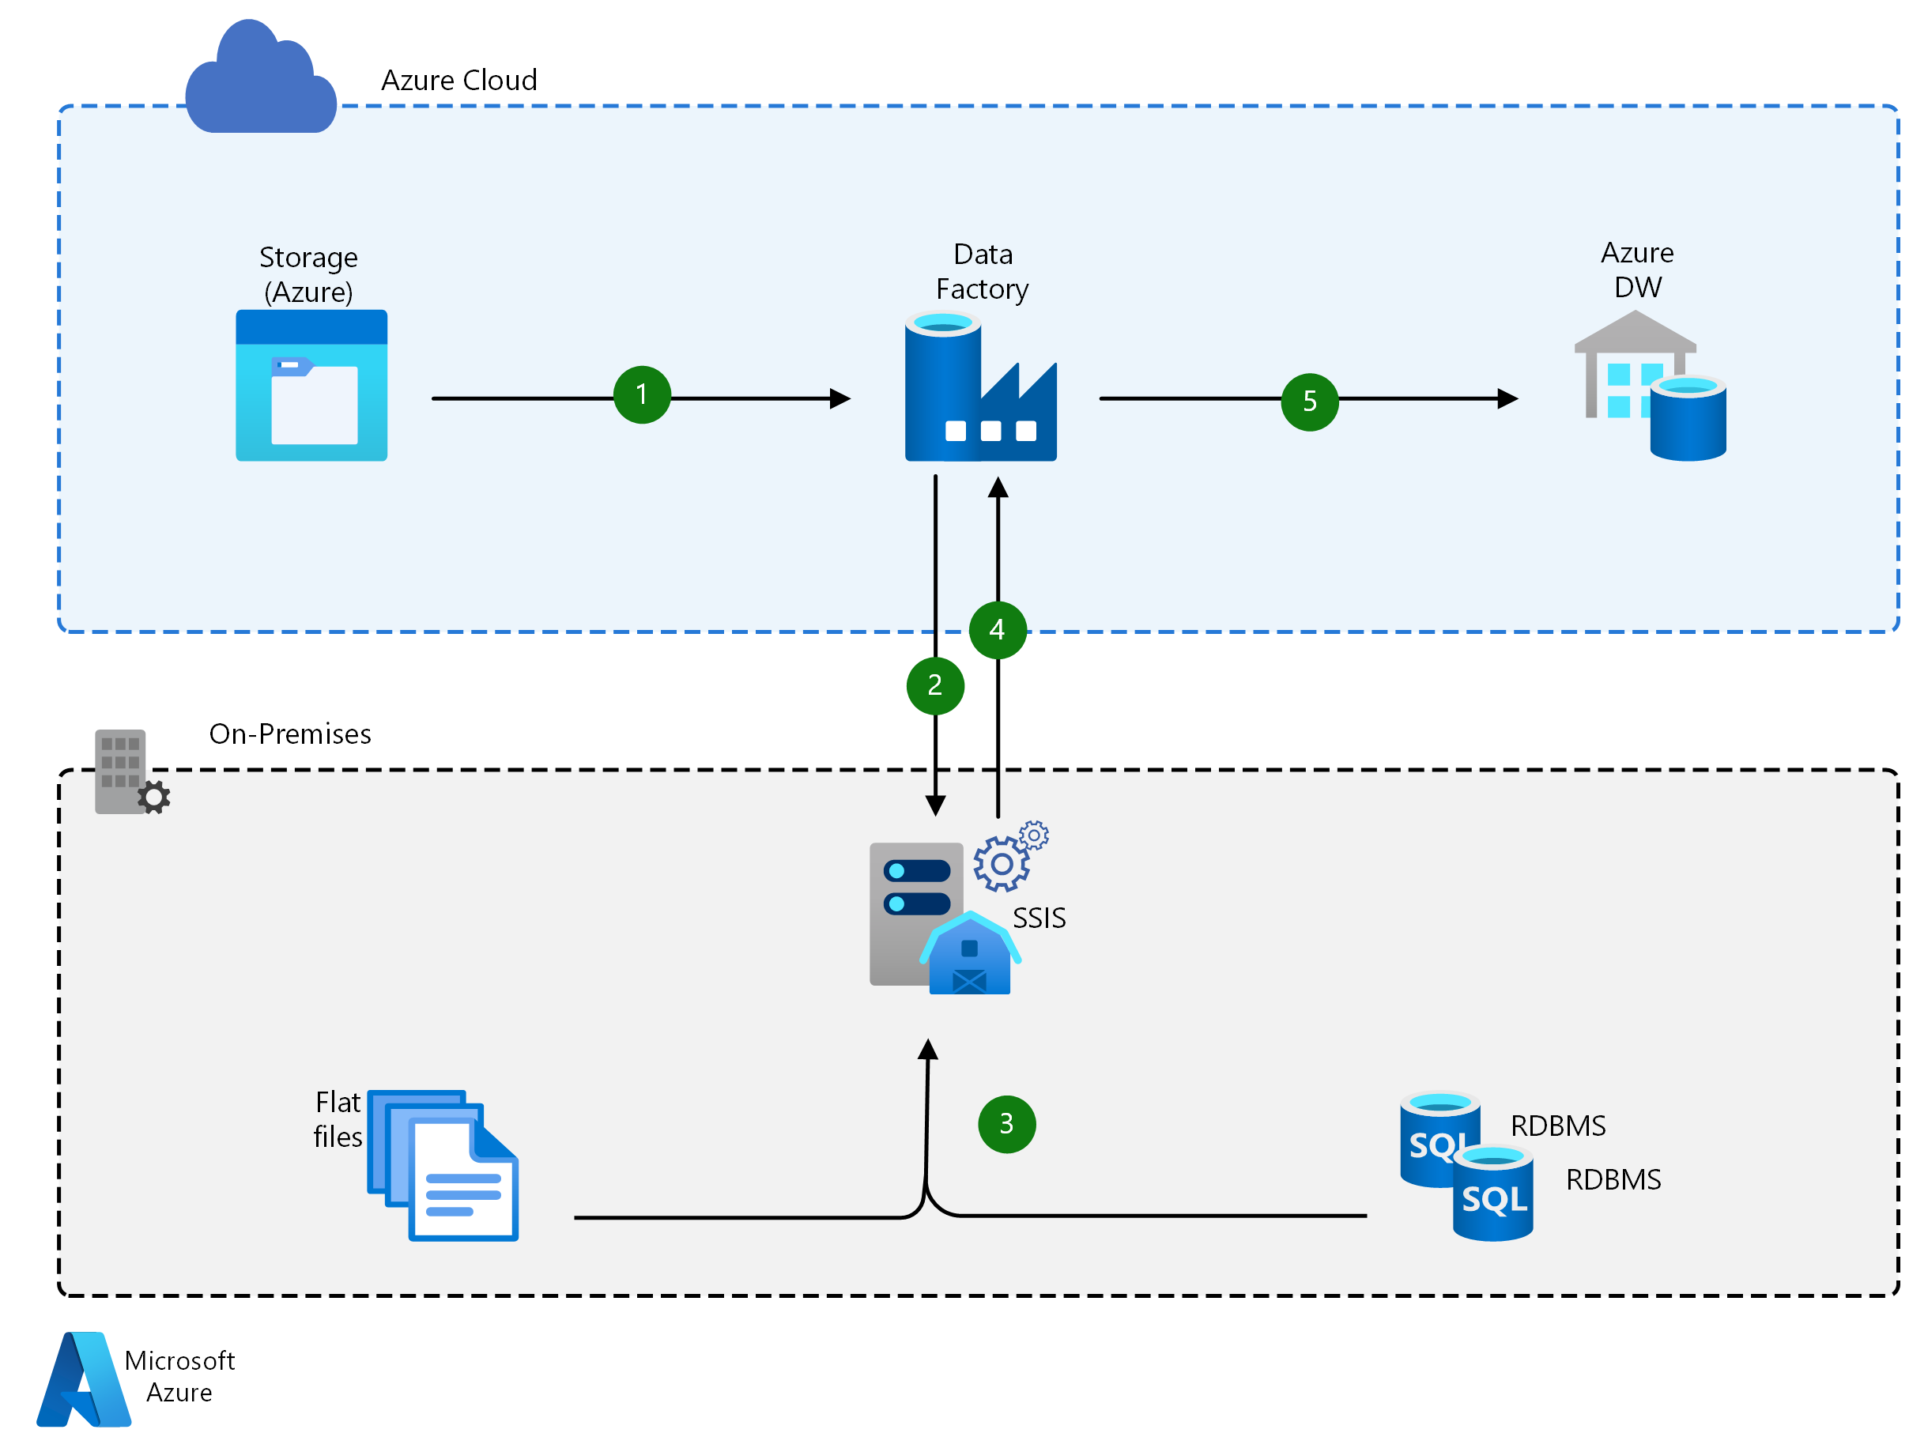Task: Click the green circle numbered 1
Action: tap(642, 394)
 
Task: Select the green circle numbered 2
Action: tap(934, 686)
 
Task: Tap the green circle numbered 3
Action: tap(1007, 1124)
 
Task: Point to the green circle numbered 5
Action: tap(1309, 402)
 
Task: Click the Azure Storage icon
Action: tap(311, 385)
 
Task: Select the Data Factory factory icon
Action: tap(979, 388)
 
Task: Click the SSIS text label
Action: tap(1039, 918)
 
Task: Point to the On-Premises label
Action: tap(289, 734)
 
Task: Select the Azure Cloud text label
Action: tap(458, 80)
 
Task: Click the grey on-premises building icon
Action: tap(127, 772)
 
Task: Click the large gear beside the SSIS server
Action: tap(1001, 864)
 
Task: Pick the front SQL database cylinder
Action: tap(1492, 1194)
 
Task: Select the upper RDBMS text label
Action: tap(1557, 1126)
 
